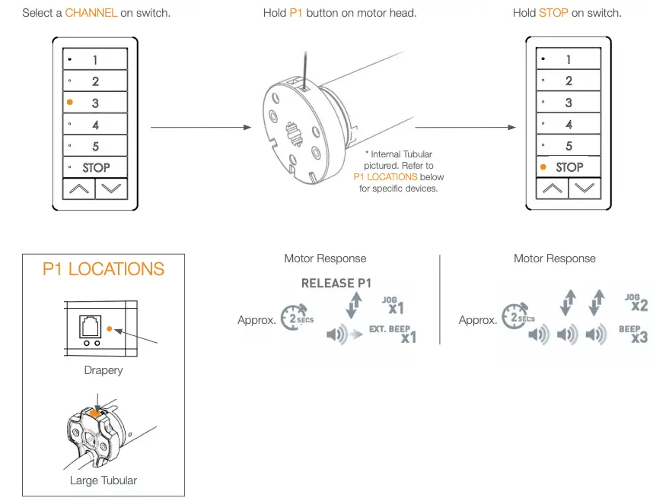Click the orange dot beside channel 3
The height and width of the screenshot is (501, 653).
70,102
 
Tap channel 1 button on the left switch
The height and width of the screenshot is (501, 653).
95,59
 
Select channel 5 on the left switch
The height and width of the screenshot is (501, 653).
95,146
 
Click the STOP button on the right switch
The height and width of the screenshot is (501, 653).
569,167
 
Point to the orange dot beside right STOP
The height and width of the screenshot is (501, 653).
543,166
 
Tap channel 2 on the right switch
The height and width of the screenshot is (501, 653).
569,81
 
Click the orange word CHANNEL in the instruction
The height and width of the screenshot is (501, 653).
91,13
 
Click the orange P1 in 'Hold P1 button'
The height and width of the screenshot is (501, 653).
296,13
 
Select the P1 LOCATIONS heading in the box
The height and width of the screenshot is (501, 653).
104,269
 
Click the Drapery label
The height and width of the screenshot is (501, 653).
104,370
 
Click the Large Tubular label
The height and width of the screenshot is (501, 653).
104,480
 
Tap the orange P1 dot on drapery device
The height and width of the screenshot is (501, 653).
110,328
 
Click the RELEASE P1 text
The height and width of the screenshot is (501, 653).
336,283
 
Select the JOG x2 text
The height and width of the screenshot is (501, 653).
635,302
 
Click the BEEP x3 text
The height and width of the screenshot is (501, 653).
634,333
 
